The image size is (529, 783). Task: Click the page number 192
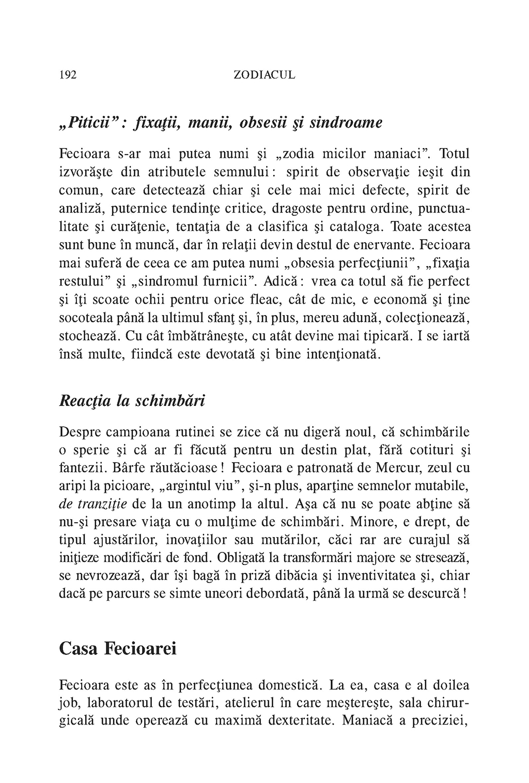[x=68, y=75]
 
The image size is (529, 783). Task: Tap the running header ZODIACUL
[x=264, y=75]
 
